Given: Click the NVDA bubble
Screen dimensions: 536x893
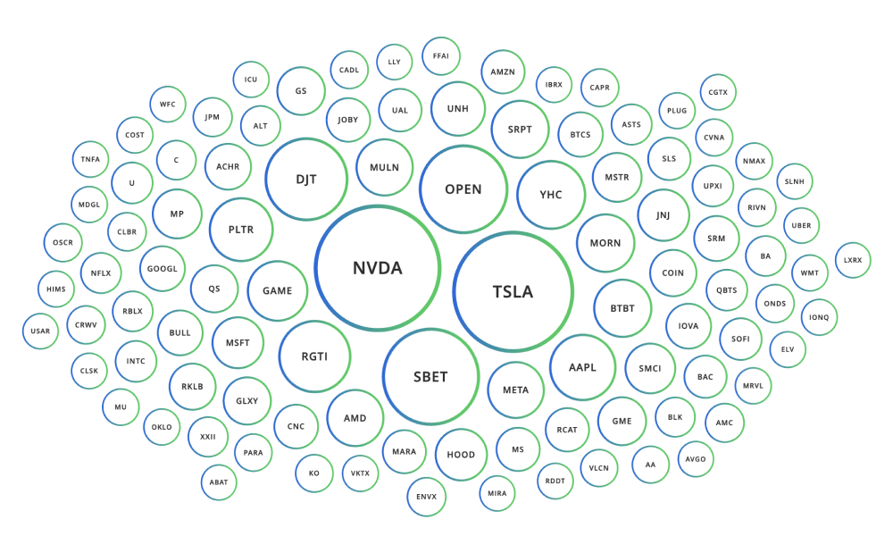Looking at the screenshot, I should (378, 268).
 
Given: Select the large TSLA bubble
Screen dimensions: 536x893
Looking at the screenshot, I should (513, 291).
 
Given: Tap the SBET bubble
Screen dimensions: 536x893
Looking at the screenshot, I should (430, 376).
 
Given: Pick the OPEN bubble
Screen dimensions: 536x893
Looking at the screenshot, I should (463, 189).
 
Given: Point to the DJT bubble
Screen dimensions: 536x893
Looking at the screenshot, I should (306, 179).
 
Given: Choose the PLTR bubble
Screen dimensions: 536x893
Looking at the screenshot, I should (241, 230).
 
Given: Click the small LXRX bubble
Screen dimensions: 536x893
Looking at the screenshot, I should (853, 260).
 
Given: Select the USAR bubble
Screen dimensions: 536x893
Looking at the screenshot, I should (40, 331).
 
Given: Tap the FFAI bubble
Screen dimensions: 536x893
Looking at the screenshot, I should (441, 55).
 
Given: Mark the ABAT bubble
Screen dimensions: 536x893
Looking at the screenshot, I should (219, 482).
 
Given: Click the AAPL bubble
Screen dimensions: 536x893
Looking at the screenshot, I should (582, 367).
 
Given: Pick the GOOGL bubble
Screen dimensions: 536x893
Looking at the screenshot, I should (163, 269).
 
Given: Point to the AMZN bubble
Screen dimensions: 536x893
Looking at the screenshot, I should (503, 72).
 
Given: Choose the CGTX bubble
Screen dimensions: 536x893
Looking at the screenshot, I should (718, 92).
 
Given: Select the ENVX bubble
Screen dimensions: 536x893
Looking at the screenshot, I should (426, 497).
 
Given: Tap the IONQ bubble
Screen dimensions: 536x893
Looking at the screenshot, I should (820, 317).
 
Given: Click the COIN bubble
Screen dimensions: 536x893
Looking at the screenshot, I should (673, 273).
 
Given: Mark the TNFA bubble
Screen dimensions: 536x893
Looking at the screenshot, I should (90, 159).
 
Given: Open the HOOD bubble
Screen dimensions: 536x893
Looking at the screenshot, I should (461, 455).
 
